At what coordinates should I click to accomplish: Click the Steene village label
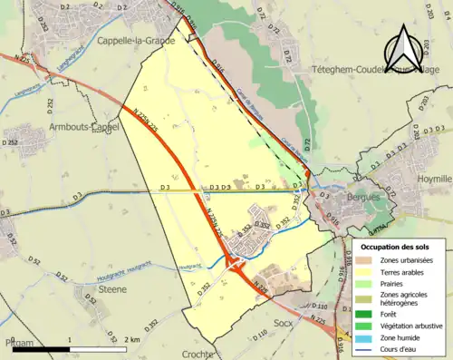[113, 288]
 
